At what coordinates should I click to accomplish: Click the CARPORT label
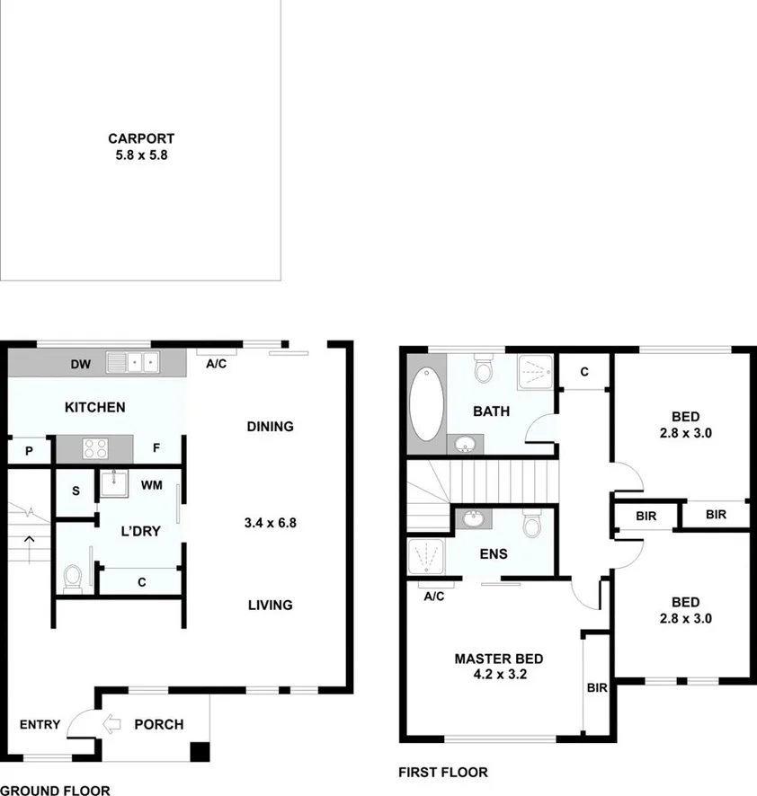(140, 139)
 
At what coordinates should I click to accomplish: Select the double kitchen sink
(132, 362)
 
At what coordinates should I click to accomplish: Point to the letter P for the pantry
(29, 451)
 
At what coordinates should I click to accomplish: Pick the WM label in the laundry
(150, 486)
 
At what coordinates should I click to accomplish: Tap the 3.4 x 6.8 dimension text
(270, 522)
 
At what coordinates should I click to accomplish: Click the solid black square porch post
(200, 753)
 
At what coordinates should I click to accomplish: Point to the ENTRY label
(40, 725)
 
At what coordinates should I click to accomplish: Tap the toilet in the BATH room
(484, 369)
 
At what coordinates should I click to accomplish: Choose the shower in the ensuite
(426, 557)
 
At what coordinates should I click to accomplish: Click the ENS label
(494, 553)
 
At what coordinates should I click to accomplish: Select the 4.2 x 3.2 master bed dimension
(498, 673)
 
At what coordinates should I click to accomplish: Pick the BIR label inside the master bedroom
(598, 688)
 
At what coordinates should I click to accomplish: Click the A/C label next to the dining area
(216, 364)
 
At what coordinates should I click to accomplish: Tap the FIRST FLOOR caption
(442, 773)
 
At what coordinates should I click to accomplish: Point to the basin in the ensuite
(471, 518)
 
